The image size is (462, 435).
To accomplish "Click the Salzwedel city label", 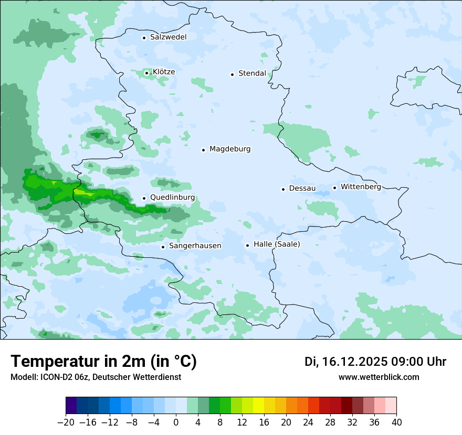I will [168, 37].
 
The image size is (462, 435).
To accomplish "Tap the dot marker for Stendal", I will [232, 74].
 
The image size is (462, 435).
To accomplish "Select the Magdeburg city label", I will [230, 149].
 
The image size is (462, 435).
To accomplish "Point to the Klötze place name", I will [164, 72].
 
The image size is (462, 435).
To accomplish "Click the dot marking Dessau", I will [283, 189].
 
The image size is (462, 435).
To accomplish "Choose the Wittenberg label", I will [361, 187].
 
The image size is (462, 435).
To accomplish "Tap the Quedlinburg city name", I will [172, 198].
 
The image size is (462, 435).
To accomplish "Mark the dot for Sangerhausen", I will [163, 247].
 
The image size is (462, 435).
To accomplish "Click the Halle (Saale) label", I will [277, 245].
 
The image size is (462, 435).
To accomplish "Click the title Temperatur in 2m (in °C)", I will [103, 362].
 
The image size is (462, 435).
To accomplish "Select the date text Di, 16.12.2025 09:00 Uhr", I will [375, 362].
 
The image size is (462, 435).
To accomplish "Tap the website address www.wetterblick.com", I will [379, 377].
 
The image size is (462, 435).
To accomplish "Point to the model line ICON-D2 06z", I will [96, 377].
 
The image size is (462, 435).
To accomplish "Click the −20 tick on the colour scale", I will [66, 422].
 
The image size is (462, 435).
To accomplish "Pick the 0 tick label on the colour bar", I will [176, 422].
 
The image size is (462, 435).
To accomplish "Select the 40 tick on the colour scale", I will [396, 422].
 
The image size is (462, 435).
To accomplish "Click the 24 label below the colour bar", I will [308, 422].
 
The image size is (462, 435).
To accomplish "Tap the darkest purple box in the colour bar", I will [71, 406].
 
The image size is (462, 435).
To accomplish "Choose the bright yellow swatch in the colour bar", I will [258, 406].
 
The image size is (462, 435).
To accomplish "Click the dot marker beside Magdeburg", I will [203, 150].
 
